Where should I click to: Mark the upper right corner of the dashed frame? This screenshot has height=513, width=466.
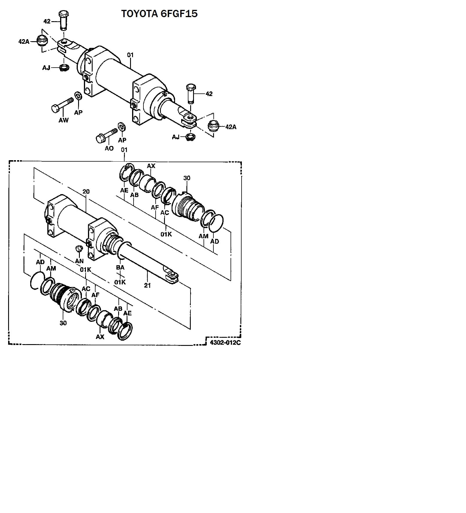click(241, 162)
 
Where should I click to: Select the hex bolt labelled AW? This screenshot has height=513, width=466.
click(62, 105)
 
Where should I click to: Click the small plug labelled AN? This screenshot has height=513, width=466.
click(79, 249)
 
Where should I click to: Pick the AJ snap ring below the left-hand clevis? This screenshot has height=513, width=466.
click(64, 68)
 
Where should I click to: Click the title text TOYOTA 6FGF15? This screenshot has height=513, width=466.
click(159, 14)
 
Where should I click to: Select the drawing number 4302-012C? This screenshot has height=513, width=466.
click(225, 342)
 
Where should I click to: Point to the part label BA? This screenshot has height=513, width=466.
click(120, 268)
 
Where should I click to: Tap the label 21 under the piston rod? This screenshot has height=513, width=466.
click(147, 286)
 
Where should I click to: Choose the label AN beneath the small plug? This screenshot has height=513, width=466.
click(79, 261)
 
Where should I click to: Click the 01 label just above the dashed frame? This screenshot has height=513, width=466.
click(124, 150)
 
